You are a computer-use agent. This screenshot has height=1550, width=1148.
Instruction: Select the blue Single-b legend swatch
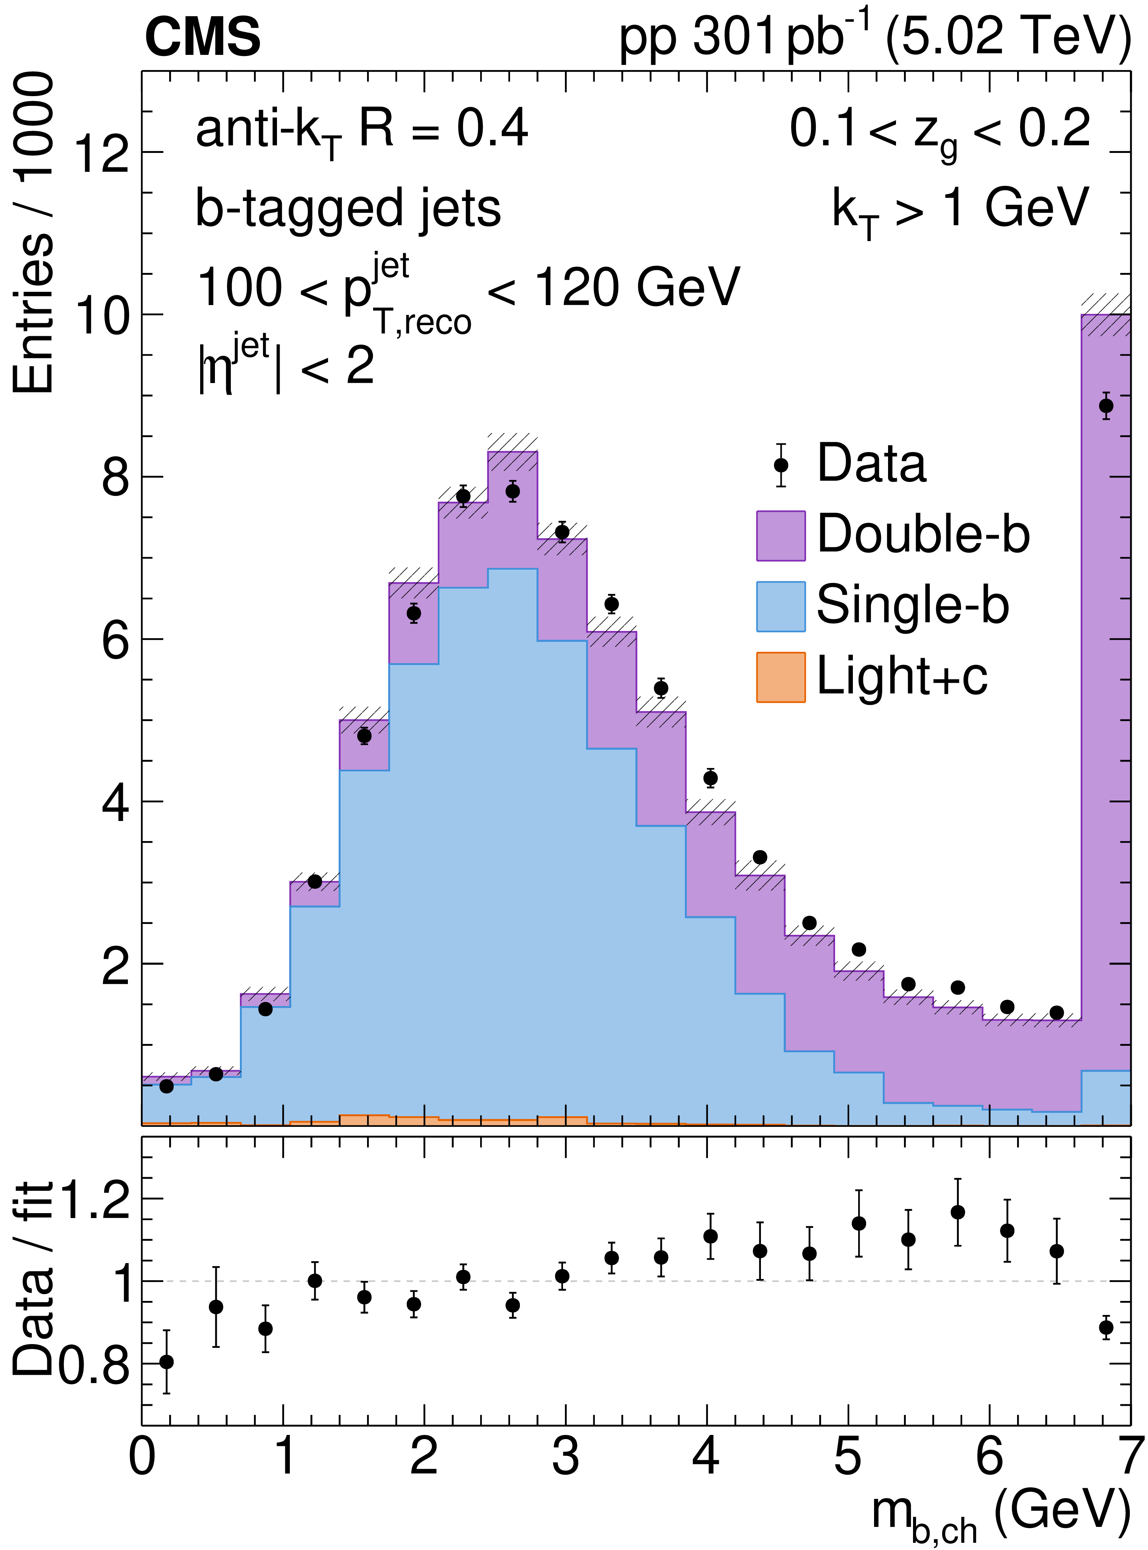click(780, 606)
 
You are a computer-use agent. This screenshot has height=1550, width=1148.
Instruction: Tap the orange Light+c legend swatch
click(780, 677)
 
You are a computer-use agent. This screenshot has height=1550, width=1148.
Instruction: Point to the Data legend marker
click(780, 464)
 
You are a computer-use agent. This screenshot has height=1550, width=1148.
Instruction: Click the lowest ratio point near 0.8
click(166, 1362)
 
